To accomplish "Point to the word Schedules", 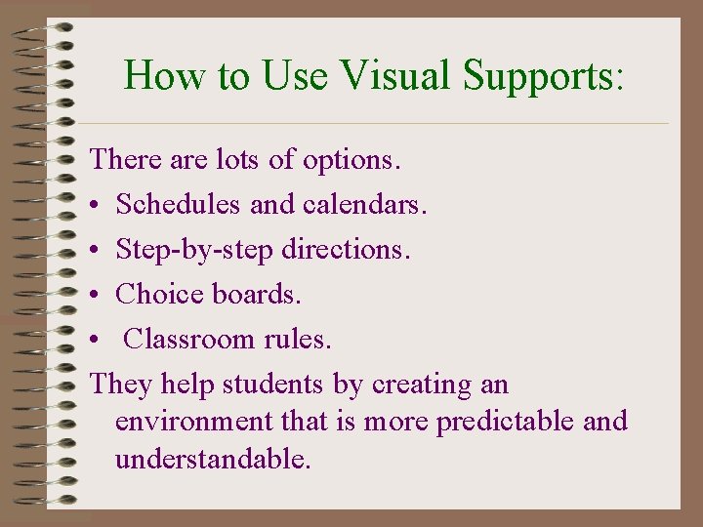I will click(179, 205).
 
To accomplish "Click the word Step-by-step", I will click(194, 251).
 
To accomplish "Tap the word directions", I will click(346, 250).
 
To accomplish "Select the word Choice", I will click(157, 295).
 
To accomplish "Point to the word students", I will click(274, 385).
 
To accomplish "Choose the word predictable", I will click(506, 423).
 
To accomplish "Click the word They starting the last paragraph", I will click(118, 385).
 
